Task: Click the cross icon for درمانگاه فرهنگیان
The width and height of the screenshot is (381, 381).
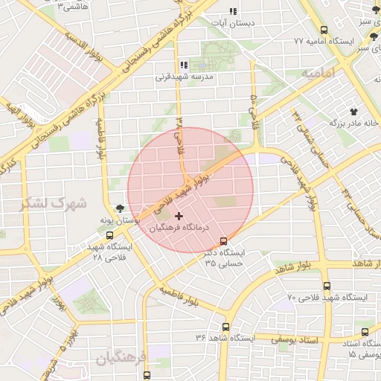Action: (x=178, y=216)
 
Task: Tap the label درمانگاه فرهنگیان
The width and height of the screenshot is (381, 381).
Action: (x=180, y=228)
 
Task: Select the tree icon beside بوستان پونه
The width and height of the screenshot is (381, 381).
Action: (x=121, y=209)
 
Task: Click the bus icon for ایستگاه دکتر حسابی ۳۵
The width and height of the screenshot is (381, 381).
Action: (x=224, y=240)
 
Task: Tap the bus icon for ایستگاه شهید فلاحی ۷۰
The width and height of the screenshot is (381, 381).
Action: (x=327, y=286)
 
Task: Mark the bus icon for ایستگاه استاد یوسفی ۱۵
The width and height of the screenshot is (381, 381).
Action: (x=365, y=332)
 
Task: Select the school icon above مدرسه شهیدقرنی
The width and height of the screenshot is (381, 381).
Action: (x=184, y=65)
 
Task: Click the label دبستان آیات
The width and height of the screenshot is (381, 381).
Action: (x=232, y=23)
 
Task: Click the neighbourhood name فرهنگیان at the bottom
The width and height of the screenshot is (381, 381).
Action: (x=124, y=359)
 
